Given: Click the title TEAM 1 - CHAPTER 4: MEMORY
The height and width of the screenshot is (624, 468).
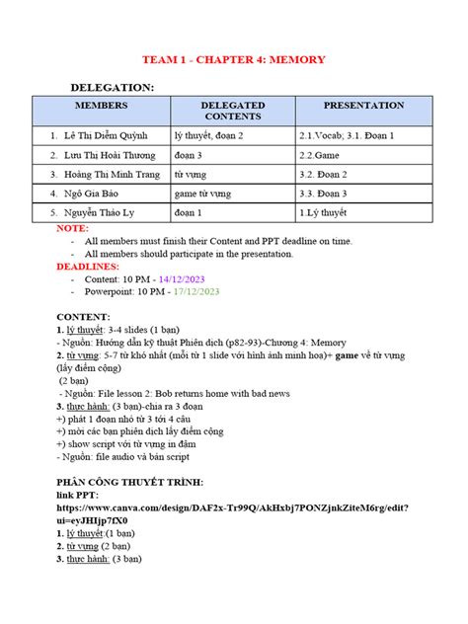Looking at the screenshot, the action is (x=234, y=59).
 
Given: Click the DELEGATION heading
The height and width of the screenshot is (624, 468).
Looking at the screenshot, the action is (x=112, y=88).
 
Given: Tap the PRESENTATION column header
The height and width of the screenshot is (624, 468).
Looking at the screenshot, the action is (x=363, y=105).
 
